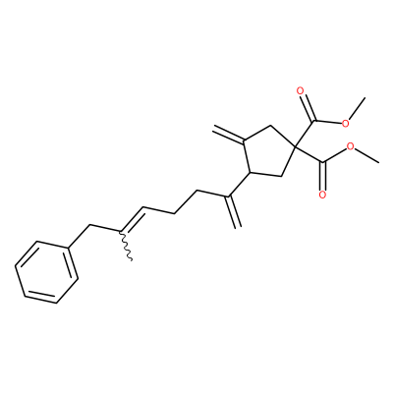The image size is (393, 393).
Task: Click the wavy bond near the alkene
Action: (x=126, y=247)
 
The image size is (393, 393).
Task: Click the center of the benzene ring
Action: (x=46, y=272)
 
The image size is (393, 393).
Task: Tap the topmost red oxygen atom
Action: (x=301, y=91)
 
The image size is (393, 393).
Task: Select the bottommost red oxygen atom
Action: (x=322, y=196)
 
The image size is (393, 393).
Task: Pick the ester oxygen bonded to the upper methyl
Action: (x=345, y=124)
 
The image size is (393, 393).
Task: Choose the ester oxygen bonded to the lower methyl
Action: (x=351, y=146)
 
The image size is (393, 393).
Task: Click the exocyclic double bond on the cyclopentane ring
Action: (x=229, y=134)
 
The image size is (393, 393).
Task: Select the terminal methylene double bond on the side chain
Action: (x=234, y=211)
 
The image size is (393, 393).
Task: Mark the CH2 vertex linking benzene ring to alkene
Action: (x=89, y=225)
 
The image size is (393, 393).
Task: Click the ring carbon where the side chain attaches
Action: (x=250, y=172)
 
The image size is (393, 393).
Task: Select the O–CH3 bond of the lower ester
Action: (x=367, y=154)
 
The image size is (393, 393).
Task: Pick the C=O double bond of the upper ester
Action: (x=307, y=106)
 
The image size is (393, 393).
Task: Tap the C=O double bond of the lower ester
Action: (x=323, y=178)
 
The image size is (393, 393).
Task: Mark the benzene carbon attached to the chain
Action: (x=69, y=249)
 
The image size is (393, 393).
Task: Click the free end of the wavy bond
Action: (x=132, y=260)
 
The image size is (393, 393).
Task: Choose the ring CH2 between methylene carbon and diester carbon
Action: (x=270, y=125)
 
